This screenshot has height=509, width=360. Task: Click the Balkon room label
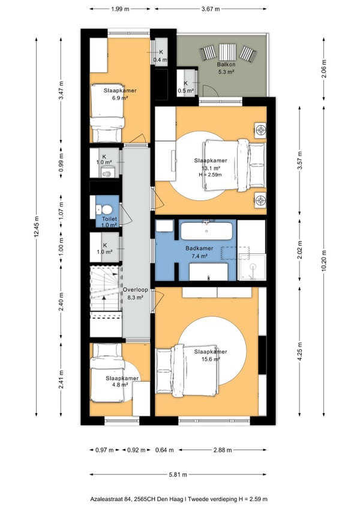(x=226, y=64)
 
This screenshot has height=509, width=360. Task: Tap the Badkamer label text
(x=199, y=248)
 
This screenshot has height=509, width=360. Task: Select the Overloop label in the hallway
(x=136, y=290)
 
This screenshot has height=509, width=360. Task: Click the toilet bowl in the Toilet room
(x=106, y=209)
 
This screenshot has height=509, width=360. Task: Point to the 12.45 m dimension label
(x=37, y=227)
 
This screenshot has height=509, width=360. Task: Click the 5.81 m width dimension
(x=178, y=475)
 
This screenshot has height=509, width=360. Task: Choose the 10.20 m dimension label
(x=323, y=261)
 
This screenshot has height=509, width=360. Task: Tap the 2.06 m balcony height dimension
(x=323, y=69)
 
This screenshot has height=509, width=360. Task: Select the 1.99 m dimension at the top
(x=120, y=9)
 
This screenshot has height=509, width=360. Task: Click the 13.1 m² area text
(x=211, y=168)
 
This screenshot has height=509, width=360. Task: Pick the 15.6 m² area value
(x=211, y=359)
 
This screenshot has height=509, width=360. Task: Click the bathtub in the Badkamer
(x=206, y=230)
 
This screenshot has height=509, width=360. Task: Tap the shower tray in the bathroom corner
(x=252, y=267)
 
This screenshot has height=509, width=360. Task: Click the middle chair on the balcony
(x=227, y=52)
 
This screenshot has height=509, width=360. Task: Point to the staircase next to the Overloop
(x=104, y=288)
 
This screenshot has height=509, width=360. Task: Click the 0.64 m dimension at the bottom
(x=164, y=450)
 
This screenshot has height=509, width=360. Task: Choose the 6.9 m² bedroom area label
(x=120, y=98)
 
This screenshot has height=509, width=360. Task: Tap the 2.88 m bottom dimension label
(x=223, y=450)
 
